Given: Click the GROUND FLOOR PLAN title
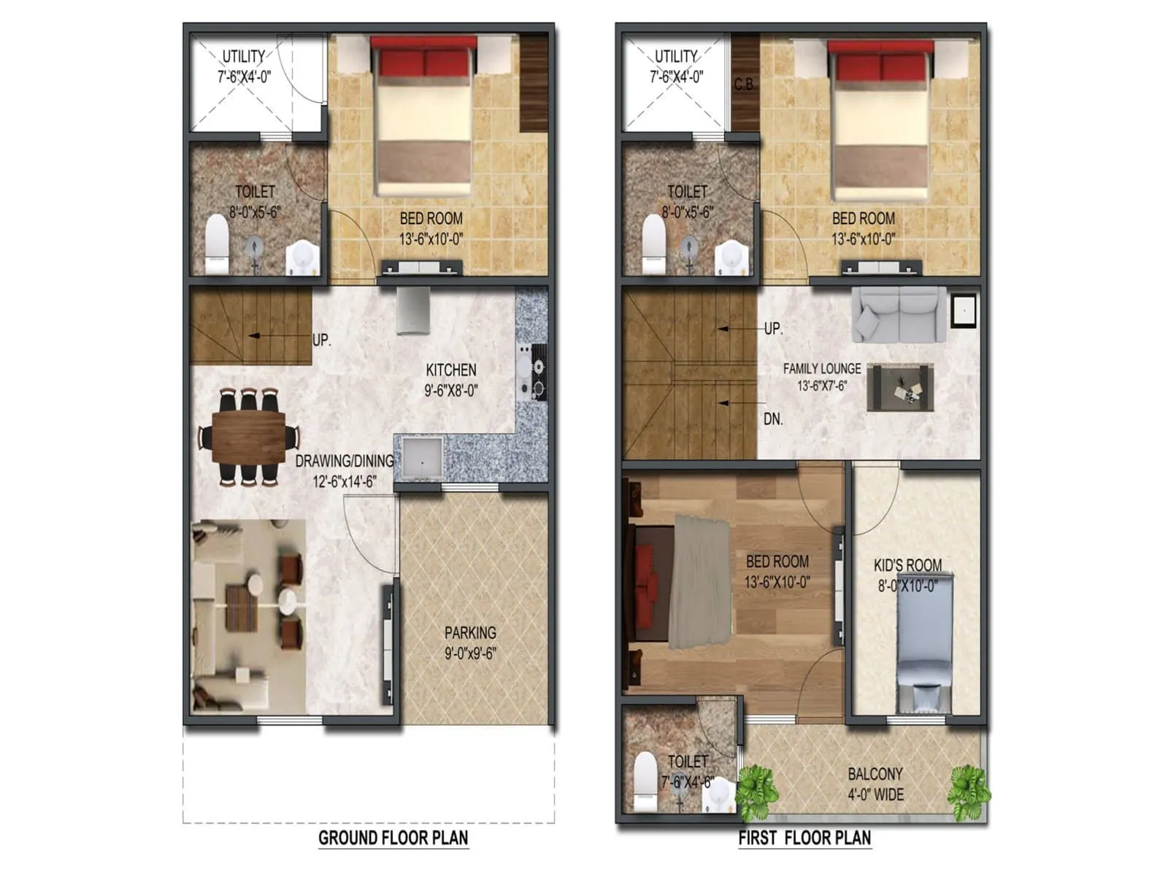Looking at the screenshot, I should pyautogui.click(x=393, y=837).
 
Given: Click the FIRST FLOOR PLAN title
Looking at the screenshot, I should pyautogui.click(x=804, y=837).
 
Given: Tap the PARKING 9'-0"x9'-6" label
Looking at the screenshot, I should pyautogui.click(x=470, y=642).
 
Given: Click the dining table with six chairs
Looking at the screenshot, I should pyautogui.click(x=248, y=437).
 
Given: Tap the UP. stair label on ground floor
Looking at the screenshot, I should pyautogui.click(x=321, y=340).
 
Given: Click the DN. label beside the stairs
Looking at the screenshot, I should pyautogui.click(x=773, y=419).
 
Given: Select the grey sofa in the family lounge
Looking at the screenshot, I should pyautogui.click(x=899, y=314).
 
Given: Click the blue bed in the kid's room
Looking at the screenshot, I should pyautogui.click(x=923, y=642).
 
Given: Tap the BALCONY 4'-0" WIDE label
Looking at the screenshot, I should pyautogui.click(x=875, y=783).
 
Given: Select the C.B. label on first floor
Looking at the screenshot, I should pyautogui.click(x=745, y=85).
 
